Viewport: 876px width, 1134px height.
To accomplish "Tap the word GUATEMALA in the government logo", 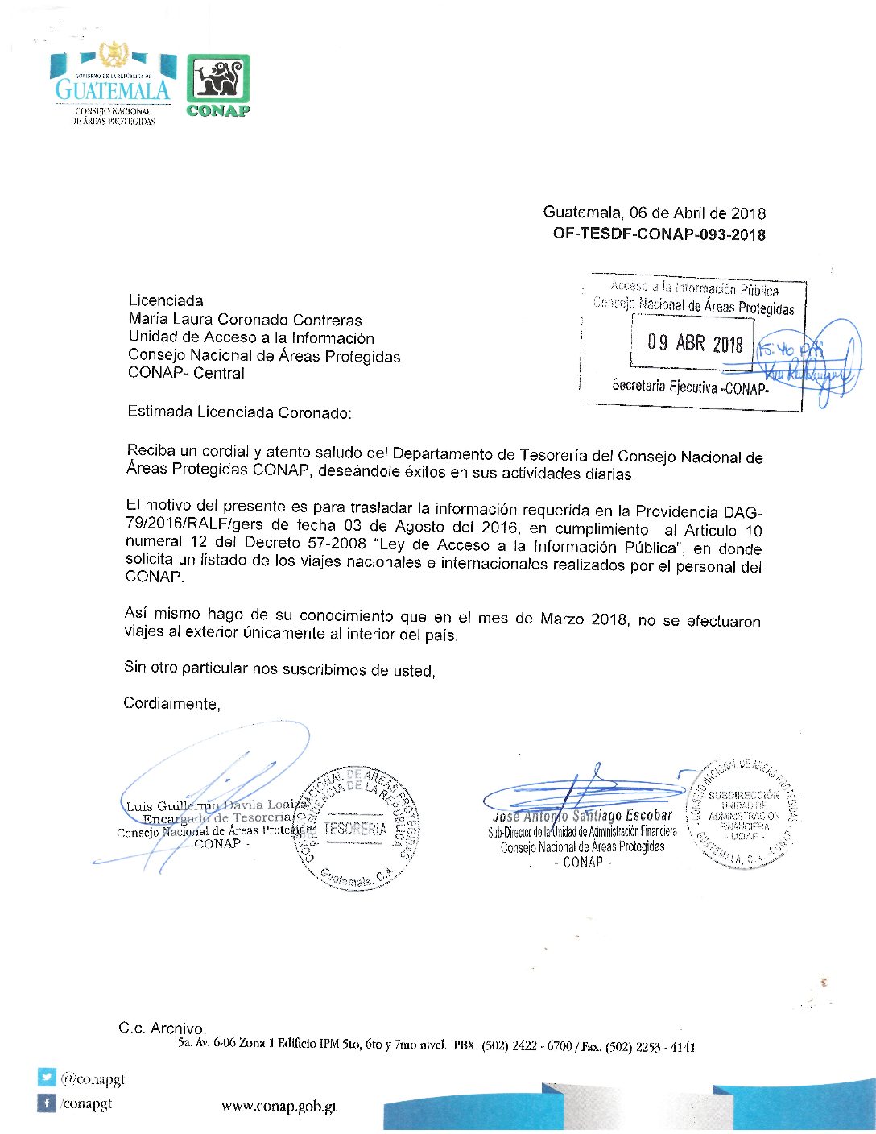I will coord(113,89).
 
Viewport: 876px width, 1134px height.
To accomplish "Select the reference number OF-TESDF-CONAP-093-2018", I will coord(659,234).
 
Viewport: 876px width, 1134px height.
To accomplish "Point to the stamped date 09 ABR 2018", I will coord(695,344).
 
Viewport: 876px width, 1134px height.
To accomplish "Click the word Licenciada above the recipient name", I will coord(166,301).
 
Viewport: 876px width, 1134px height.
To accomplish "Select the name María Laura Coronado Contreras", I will coord(245,320).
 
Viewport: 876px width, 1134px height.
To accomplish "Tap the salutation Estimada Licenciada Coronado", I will coord(239,412).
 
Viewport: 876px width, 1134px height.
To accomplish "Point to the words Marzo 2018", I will coord(581,619).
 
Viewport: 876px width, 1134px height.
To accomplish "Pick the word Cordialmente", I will coord(171,704).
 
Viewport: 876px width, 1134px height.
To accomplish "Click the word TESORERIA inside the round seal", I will coord(355,828).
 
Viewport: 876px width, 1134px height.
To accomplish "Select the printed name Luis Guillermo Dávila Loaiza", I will coord(216,805).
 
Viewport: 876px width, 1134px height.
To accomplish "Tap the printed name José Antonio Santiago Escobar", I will coord(582,816).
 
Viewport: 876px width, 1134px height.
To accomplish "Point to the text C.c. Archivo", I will coord(162,1028).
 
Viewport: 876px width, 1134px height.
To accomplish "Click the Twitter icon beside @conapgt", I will coord(47,1078).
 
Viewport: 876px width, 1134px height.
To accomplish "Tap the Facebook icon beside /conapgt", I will coord(47,1103).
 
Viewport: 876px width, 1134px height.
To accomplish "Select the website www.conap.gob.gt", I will coord(279,1107).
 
